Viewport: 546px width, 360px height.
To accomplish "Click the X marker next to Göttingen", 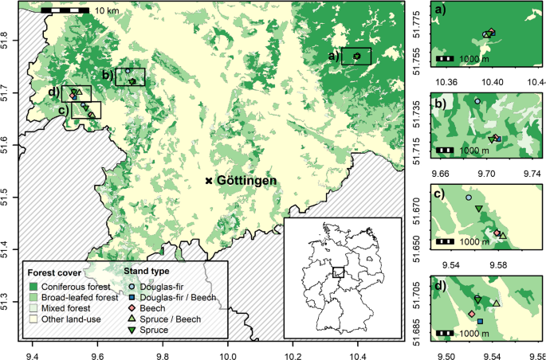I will point(210,181).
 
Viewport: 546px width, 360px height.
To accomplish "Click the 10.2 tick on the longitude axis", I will point(293,347).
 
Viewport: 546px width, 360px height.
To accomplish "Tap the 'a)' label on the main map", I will point(334,57).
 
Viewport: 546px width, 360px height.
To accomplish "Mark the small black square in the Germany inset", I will point(340,272).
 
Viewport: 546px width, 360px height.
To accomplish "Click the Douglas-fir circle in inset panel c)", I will point(469,197).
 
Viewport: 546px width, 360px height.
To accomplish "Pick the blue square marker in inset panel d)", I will point(480,321).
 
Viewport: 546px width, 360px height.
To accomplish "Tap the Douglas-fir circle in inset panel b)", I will point(477,101).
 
